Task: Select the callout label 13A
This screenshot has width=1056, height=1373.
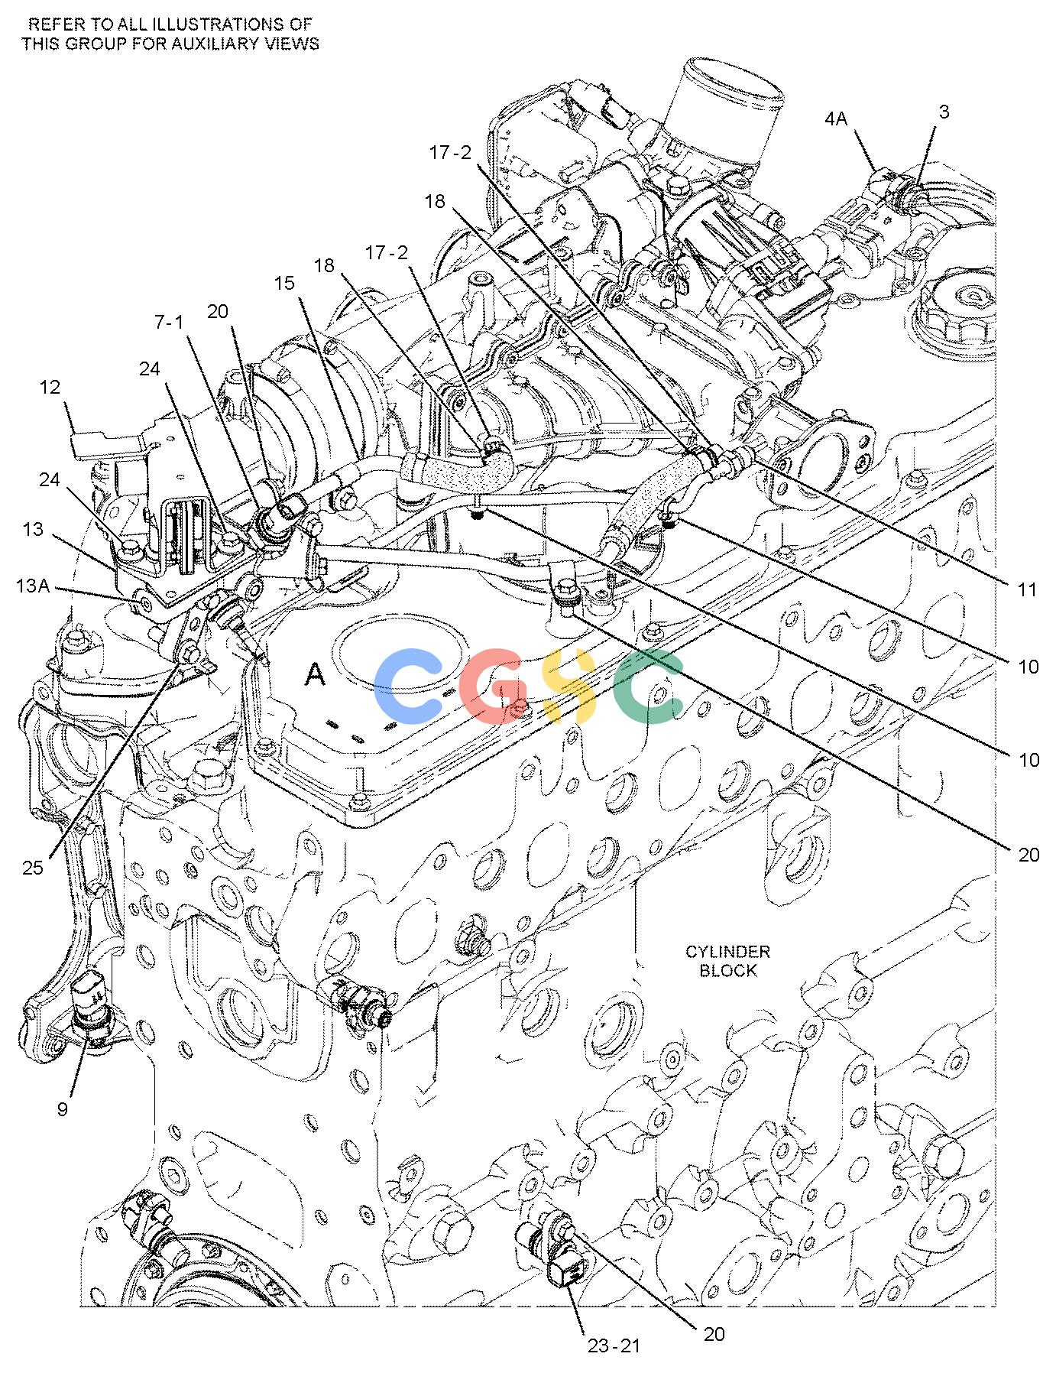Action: tap(33, 586)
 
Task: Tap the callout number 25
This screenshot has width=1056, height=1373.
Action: tap(33, 868)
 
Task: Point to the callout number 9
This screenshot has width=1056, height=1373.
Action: tap(63, 1109)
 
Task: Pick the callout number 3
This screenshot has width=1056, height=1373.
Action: tap(944, 112)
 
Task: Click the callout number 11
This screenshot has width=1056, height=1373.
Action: tap(1028, 589)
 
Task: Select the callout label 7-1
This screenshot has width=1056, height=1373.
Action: tap(169, 323)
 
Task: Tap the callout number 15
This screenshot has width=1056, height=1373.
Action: tap(284, 284)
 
